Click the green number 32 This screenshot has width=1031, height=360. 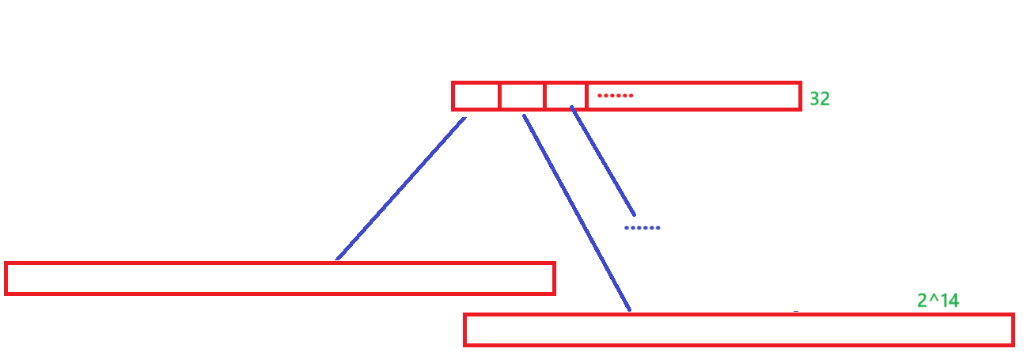819,99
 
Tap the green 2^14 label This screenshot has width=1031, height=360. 938,301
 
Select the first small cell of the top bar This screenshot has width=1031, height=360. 476,97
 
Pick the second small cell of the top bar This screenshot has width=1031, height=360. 522,97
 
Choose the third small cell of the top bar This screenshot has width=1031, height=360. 566,97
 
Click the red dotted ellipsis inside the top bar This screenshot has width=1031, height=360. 616,96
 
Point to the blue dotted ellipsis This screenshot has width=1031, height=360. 642,228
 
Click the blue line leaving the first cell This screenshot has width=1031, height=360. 400,189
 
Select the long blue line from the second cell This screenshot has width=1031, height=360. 577,213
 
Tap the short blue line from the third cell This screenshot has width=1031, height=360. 602,161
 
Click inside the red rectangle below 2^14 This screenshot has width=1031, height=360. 738,330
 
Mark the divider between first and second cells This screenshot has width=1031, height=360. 499,97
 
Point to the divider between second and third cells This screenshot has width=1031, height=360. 544,97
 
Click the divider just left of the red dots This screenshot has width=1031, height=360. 586,97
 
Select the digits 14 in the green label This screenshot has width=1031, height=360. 949,301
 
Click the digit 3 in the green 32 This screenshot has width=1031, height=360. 814,99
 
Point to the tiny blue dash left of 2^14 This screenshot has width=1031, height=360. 796,313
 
